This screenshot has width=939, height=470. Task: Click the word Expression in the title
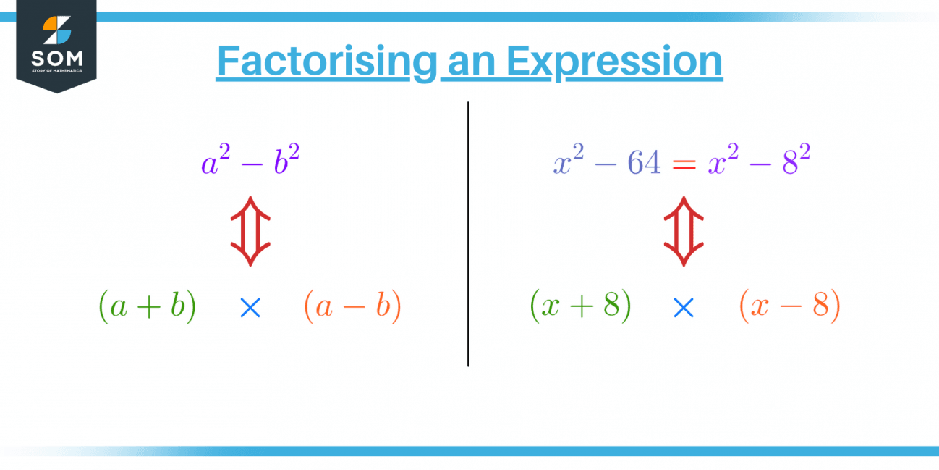pos(614,62)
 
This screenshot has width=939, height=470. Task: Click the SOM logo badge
pos(56,43)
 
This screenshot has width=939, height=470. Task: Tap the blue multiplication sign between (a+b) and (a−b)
pos(250,309)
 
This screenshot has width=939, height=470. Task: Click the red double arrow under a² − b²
pos(250,231)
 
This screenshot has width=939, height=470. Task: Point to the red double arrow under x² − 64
pos(684,231)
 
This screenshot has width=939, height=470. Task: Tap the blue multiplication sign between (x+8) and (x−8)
pos(683,309)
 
